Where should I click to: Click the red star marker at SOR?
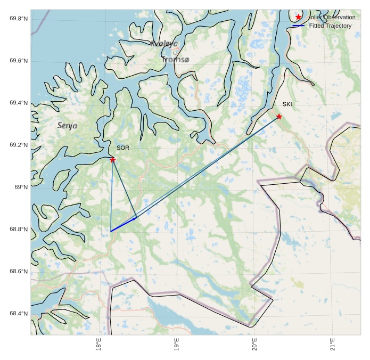click(x=113, y=160)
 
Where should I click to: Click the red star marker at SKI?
click(x=279, y=117)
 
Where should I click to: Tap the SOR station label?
click(x=123, y=148)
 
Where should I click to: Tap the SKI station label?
click(x=287, y=104)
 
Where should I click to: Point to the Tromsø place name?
click(x=175, y=60)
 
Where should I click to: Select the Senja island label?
click(x=67, y=126)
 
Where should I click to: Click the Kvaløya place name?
click(x=164, y=44)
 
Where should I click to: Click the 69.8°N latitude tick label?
click(x=19, y=19)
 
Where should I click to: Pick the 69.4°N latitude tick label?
click(x=19, y=103)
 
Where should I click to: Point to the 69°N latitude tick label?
click(x=21, y=187)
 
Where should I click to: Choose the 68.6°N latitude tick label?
click(x=19, y=272)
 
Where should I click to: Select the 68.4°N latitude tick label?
click(x=19, y=314)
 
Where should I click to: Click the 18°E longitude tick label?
click(x=99, y=345)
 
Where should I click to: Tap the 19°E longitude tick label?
click(x=177, y=345)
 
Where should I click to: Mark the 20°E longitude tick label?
click(x=255, y=345)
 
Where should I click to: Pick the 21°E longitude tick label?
click(x=333, y=345)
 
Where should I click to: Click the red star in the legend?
click(x=299, y=18)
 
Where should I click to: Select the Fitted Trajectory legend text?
click(x=330, y=26)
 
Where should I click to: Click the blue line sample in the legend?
click(x=299, y=26)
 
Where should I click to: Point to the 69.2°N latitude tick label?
click(x=19, y=145)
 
